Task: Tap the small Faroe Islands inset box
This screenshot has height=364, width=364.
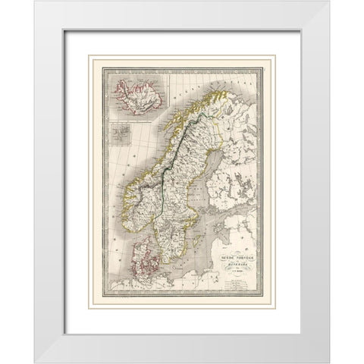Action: pos(121,137)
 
